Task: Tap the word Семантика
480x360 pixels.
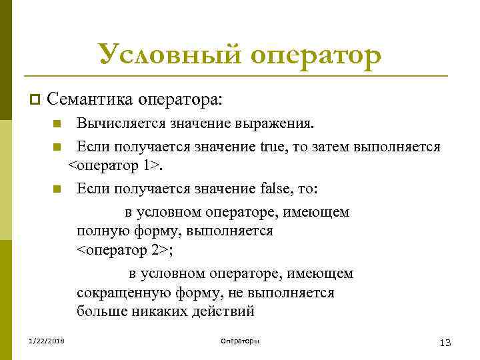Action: pyautogui.click(x=90, y=100)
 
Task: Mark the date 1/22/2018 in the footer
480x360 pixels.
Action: pyautogui.click(x=43, y=341)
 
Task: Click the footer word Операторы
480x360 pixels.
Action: pyautogui.click(x=240, y=341)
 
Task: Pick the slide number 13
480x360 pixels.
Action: pyautogui.click(x=445, y=342)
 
